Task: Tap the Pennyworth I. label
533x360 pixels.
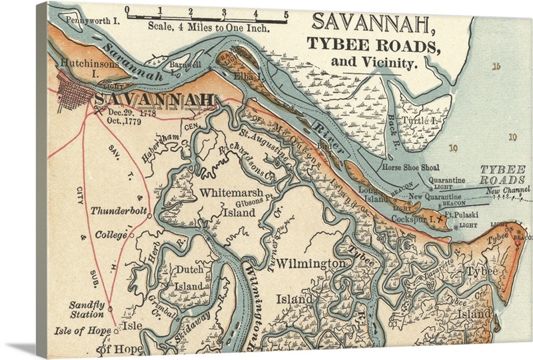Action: pos(93,21)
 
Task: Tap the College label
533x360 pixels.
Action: pos(111,235)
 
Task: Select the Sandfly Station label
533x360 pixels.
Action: pos(87,309)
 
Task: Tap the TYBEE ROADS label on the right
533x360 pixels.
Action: pos(504,175)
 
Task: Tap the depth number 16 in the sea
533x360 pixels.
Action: pos(495,66)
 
